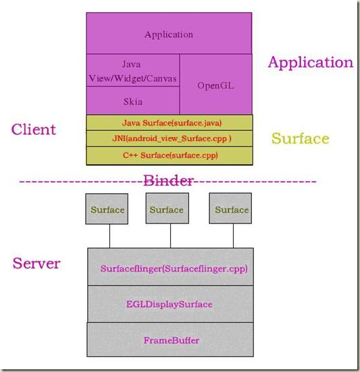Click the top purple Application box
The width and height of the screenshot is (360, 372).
click(169, 34)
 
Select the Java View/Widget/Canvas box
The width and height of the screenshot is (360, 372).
click(133, 71)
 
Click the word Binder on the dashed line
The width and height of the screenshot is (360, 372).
click(169, 180)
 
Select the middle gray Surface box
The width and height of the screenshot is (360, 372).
click(166, 209)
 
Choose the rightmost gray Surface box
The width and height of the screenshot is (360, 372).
click(232, 209)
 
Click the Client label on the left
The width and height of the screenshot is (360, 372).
click(34, 129)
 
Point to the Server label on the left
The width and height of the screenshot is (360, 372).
click(36, 263)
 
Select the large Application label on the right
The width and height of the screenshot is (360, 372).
click(310, 63)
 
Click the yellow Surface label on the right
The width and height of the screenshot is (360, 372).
click(300, 139)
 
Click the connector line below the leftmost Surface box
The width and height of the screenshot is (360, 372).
click(109, 236)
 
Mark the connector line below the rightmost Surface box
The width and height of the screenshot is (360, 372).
click(234, 236)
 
